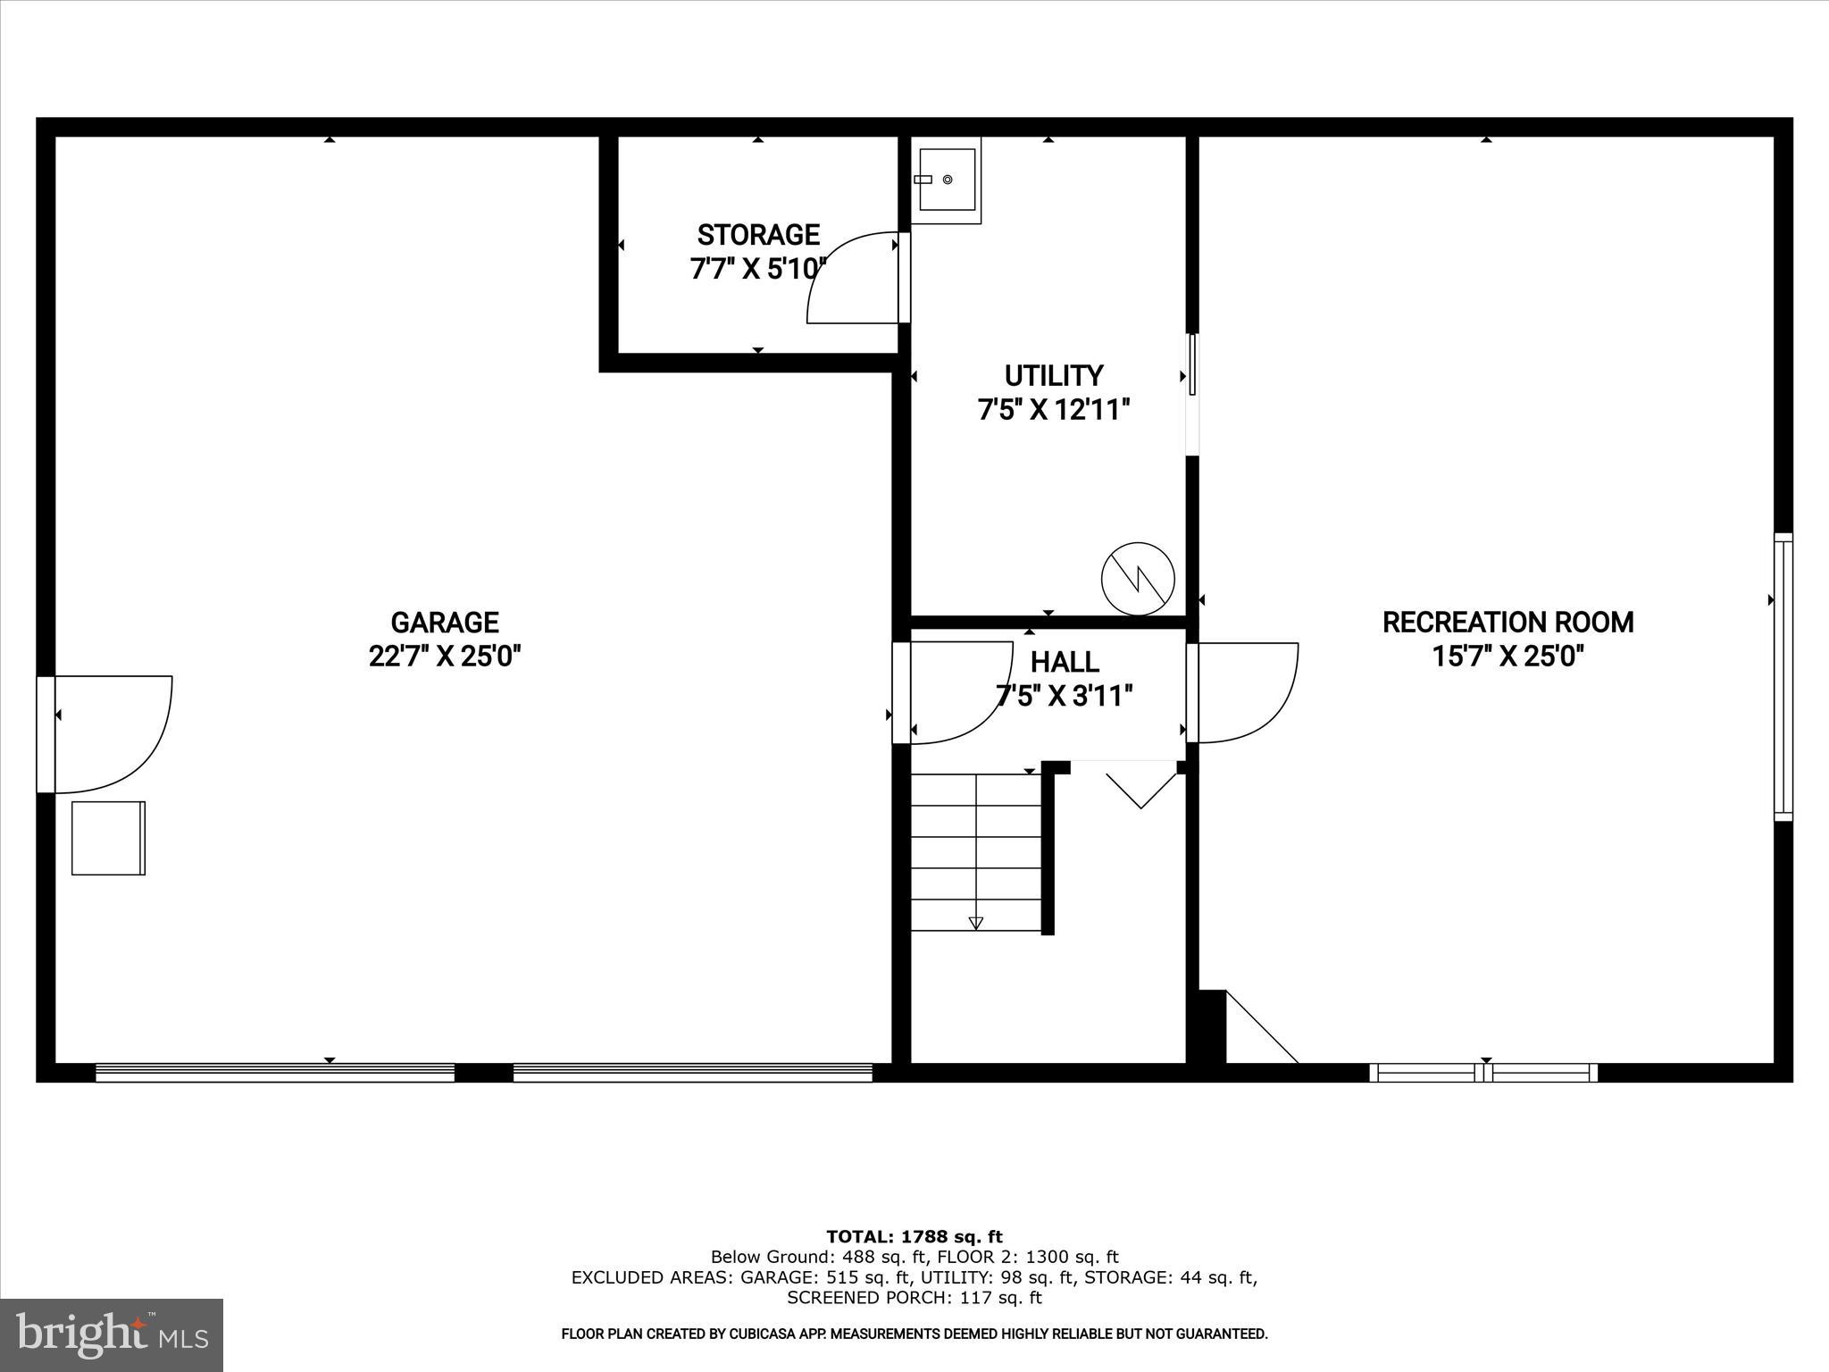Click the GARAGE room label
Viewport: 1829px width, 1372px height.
coord(444,622)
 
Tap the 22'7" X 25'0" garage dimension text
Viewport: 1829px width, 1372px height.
coord(444,657)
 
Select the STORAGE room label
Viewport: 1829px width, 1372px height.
coord(758,235)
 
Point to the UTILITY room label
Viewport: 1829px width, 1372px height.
coord(1054,375)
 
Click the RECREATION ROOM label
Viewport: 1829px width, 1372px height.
coord(1507,622)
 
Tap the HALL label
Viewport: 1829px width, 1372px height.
coord(1065,662)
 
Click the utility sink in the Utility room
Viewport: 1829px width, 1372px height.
coord(947,180)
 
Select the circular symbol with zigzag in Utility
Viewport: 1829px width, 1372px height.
coord(1138,578)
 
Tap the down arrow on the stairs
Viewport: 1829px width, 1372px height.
coord(976,922)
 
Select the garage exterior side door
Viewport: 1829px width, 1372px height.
coord(103,734)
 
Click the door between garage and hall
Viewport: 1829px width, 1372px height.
coord(951,692)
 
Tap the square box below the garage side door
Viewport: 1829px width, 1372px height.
coord(108,838)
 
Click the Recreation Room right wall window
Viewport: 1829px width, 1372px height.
coord(1783,676)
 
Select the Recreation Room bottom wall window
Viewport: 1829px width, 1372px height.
coord(1483,1072)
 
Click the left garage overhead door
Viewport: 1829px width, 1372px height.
coord(275,1072)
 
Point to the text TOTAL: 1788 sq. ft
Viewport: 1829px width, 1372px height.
coord(914,1237)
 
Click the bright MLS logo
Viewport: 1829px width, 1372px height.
coord(112,1335)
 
